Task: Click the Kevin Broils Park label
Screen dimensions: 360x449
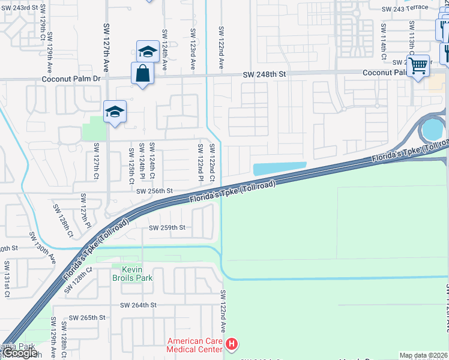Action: coord(132,274)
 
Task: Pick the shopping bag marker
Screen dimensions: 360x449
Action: coord(142,73)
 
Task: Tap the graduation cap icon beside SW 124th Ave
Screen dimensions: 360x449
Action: coord(147,52)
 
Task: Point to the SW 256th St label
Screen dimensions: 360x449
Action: coord(154,191)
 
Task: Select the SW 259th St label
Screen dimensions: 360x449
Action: coord(167,227)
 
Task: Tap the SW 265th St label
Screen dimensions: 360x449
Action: coord(87,317)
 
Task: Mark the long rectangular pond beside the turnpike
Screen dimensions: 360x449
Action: coord(280,169)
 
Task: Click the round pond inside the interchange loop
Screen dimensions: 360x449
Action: coord(432,129)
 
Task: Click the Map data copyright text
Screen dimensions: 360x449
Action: coord(423,355)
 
